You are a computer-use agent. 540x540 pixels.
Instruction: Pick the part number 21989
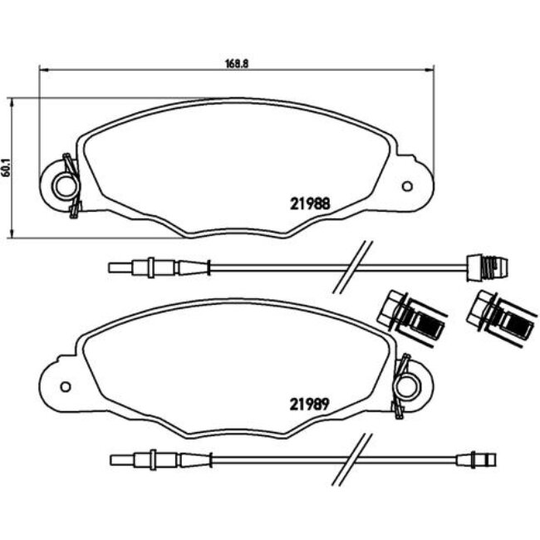[310, 405]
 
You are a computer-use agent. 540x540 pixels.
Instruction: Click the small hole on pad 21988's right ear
[407, 185]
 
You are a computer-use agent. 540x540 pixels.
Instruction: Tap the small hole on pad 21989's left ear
[66, 386]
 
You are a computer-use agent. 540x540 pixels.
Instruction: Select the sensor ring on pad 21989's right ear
[406, 385]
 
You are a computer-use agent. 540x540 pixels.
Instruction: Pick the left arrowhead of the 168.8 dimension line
[42, 70]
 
